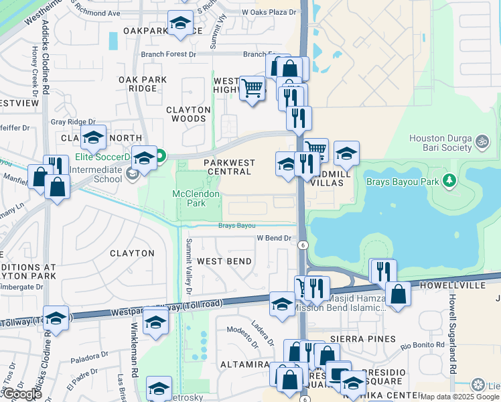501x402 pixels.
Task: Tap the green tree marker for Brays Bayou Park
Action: pos(450,180)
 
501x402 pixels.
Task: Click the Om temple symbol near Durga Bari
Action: pos(479,142)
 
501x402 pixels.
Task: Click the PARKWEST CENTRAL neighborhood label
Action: pos(228,167)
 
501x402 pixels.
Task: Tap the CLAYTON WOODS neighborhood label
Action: pos(188,114)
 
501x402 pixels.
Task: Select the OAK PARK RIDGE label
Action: pos(142,84)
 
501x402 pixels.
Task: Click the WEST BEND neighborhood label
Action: pos(224,261)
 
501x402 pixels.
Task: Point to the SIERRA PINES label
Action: pos(368,340)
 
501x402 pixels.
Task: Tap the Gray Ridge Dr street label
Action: pos(74,122)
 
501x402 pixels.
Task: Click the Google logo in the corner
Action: pos(21,394)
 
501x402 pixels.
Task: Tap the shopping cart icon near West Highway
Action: pos(252,87)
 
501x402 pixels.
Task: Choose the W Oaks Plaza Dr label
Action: pos(269,12)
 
